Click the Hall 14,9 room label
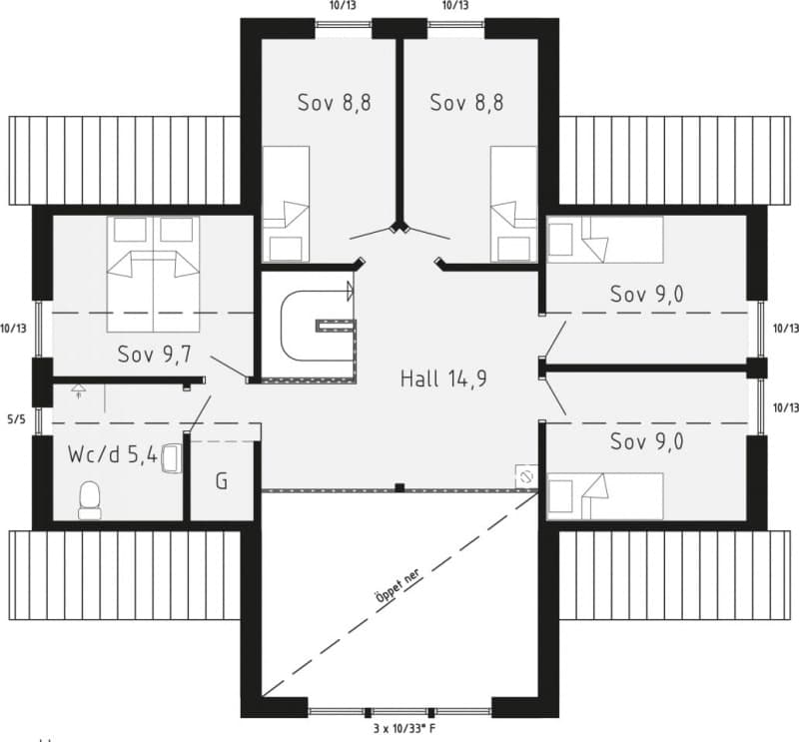coord(443,378)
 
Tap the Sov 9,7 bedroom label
coord(155,355)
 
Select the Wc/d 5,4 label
coord(113,454)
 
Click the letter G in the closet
coord(222,481)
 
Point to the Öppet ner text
coord(398,585)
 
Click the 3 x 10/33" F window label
coord(404,729)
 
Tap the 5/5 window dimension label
coord(16,419)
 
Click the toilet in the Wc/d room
coord(90,500)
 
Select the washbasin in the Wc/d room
coord(171,458)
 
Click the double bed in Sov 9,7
coord(153,275)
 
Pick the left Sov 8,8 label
coord(335,103)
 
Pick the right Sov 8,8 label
coord(466,103)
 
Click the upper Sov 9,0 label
coord(646,295)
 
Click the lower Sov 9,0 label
coord(646,441)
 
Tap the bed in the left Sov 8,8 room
coord(286,204)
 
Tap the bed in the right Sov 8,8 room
coord(513,204)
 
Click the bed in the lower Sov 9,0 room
coord(605,496)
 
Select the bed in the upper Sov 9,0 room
coord(605,240)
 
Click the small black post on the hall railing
coord(400,487)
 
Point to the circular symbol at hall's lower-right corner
coord(526,477)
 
